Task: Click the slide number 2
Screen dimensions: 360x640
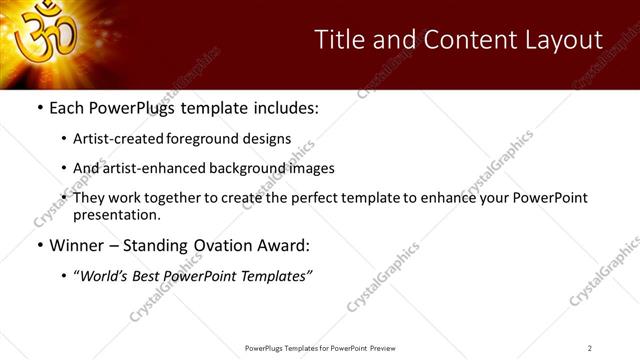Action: pos(589,348)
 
